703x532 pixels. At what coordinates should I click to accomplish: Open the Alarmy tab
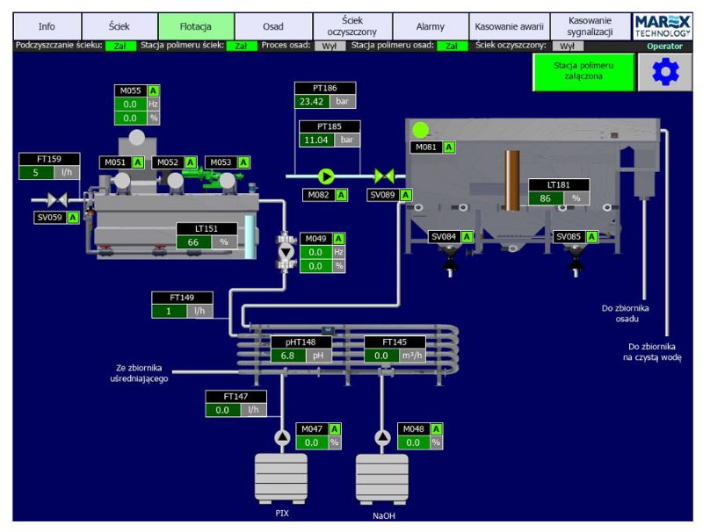430,26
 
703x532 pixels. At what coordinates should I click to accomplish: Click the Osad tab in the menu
273,26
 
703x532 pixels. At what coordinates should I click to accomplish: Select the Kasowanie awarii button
510,26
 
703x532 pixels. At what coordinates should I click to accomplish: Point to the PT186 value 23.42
312,101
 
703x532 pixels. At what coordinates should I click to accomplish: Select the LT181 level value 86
546,198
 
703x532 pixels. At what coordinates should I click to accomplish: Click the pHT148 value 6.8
287,356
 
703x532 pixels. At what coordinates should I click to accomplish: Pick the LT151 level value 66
193,241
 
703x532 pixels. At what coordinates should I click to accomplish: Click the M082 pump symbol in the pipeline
326,176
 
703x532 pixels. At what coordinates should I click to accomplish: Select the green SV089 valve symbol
383,176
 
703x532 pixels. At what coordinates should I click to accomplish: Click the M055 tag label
130,90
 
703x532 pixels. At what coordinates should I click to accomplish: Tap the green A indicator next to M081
449,147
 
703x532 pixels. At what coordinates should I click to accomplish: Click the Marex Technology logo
663,25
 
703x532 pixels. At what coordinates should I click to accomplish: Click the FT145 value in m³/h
381,356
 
